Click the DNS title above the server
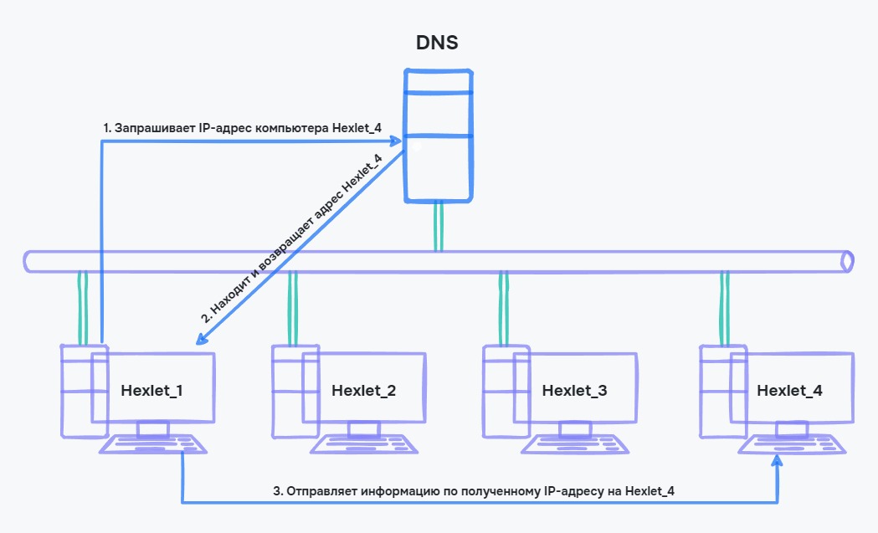point(437,43)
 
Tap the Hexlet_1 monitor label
point(151,390)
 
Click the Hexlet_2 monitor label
point(363,390)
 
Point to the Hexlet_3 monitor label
point(574,390)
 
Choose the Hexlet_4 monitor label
point(789,390)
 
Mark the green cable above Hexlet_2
point(292,307)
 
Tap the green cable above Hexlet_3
point(503,307)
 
